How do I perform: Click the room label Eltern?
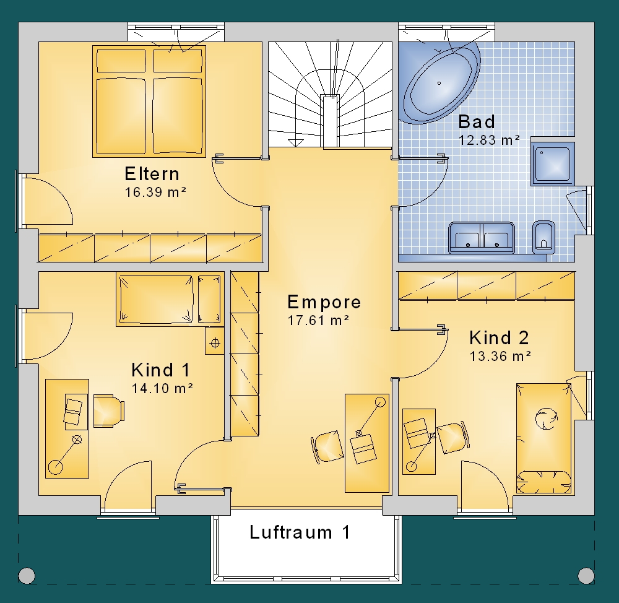[x=152, y=174]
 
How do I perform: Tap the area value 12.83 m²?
[x=489, y=140]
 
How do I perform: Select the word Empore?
[x=324, y=302]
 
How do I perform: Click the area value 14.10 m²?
[x=162, y=388]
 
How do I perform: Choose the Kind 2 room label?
[x=499, y=338]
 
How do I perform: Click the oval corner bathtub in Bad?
[x=439, y=84]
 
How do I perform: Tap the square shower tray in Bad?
[x=553, y=163]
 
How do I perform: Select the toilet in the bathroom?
[x=543, y=237]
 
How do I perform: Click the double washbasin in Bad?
[x=482, y=238]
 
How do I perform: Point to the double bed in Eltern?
[x=149, y=102]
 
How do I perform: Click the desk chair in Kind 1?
[x=109, y=411]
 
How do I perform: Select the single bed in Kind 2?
[x=543, y=438]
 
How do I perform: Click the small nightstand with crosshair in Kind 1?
[x=215, y=342]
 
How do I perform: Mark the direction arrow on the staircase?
[x=296, y=142]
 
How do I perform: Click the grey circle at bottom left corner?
[x=27, y=575]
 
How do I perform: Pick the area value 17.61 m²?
[x=318, y=320]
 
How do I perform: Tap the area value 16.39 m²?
[x=155, y=192]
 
